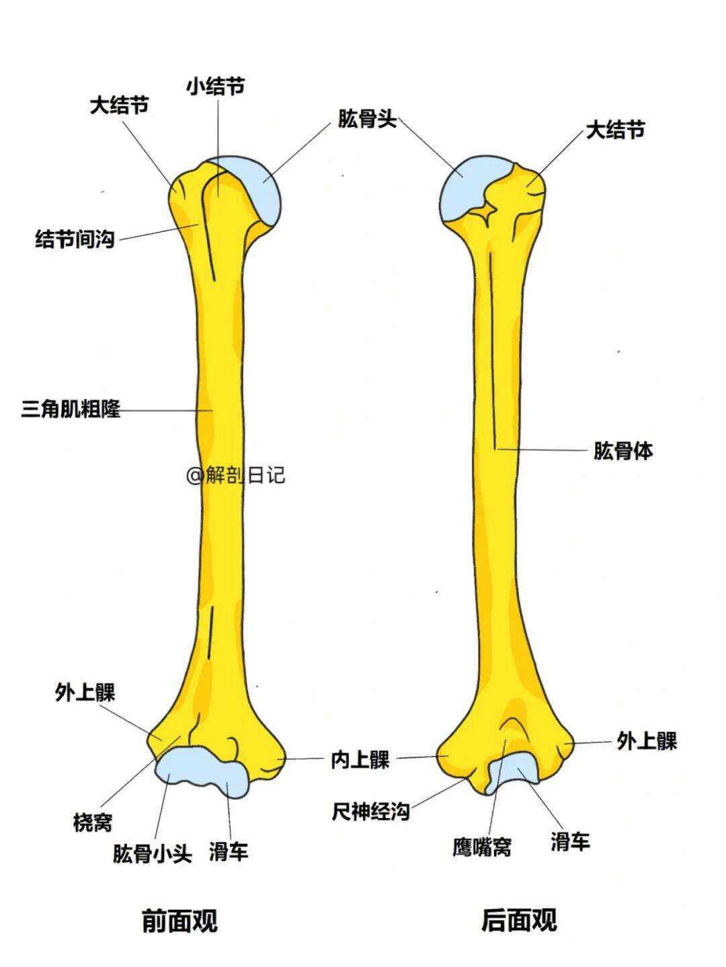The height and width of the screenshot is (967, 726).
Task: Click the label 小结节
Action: click(216, 87)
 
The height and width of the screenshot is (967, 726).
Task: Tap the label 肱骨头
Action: click(367, 121)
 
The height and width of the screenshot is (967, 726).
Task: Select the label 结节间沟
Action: click(75, 239)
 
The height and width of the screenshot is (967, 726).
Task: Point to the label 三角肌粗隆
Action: click(71, 409)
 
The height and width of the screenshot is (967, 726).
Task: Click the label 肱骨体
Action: click(622, 450)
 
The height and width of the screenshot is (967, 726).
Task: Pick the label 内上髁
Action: click(360, 760)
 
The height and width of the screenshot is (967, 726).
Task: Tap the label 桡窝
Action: click(93, 822)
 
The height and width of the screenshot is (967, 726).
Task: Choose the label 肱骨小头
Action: click(152, 853)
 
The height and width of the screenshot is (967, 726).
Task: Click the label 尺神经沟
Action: click(370, 811)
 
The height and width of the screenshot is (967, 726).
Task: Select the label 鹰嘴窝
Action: click(481, 847)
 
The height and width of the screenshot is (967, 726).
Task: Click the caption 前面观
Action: click(179, 920)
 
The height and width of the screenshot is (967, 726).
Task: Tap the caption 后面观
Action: click(519, 920)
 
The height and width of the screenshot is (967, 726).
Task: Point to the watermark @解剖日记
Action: click(236, 476)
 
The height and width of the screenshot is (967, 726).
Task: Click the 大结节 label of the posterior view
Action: click(615, 130)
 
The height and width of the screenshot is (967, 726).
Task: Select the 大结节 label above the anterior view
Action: click(119, 106)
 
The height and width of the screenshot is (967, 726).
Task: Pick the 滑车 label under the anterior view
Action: click(229, 852)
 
